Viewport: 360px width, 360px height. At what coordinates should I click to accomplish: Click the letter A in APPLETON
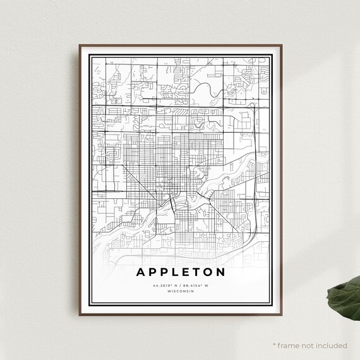[x=139, y=273]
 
